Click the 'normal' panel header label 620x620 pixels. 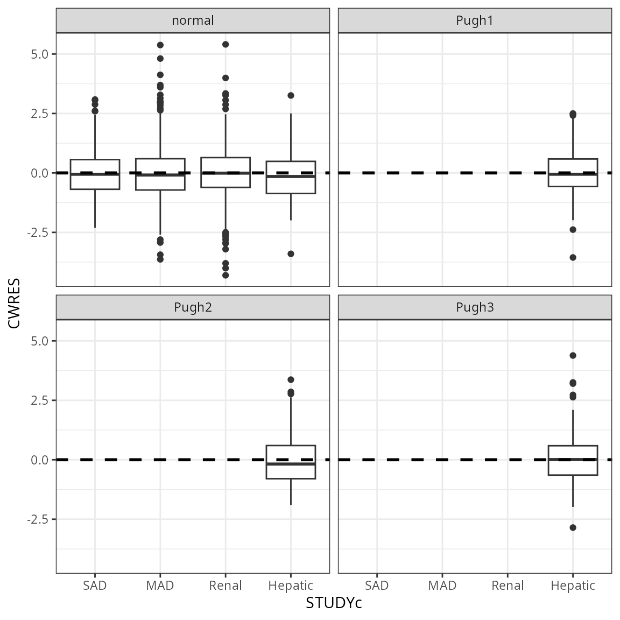(193, 20)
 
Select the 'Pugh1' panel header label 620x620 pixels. (475, 20)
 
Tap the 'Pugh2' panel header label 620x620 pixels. (193, 307)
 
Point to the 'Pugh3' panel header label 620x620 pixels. (475, 307)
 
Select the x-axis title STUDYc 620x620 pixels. (334, 603)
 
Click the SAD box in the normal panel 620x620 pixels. (95, 174)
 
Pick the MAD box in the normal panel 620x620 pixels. (160, 174)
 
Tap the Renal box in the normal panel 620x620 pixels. (226, 172)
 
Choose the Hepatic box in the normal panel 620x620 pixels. (291, 177)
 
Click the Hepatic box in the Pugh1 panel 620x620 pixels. (573, 173)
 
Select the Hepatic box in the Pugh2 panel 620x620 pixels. (291, 462)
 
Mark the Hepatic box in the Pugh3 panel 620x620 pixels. (573, 460)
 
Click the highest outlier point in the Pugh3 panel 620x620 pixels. (573, 355)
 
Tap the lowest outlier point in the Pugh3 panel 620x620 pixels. (573, 527)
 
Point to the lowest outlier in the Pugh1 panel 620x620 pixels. (573, 257)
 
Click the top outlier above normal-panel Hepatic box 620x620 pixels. (291, 95)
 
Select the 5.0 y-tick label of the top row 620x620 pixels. (40, 54)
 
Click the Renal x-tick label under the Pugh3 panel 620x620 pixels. (508, 586)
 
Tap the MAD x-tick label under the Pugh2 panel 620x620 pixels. (160, 586)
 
